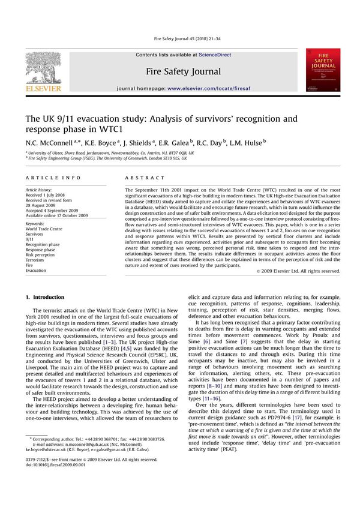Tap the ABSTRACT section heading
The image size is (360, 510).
145,178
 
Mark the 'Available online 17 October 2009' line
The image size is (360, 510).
56,215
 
